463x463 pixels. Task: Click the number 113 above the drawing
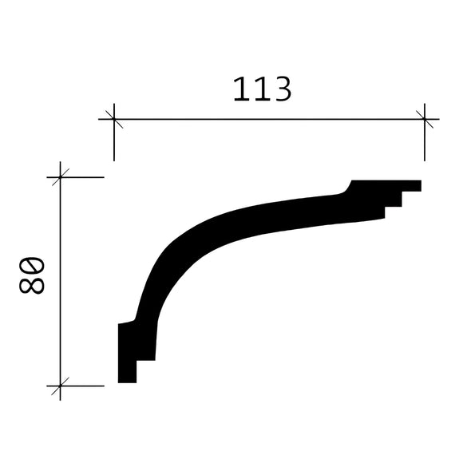(x=262, y=89)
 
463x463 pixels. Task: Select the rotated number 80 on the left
(x=32, y=276)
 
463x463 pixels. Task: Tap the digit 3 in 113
(x=281, y=89)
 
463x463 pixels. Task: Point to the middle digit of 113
(x=261, y=89)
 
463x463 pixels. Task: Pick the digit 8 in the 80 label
(x=32, y=286)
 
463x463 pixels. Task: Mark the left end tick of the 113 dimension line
(x=114, y=120)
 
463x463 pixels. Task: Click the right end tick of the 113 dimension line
(x=425, y=120)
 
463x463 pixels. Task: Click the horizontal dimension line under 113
(x=263, y=120)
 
